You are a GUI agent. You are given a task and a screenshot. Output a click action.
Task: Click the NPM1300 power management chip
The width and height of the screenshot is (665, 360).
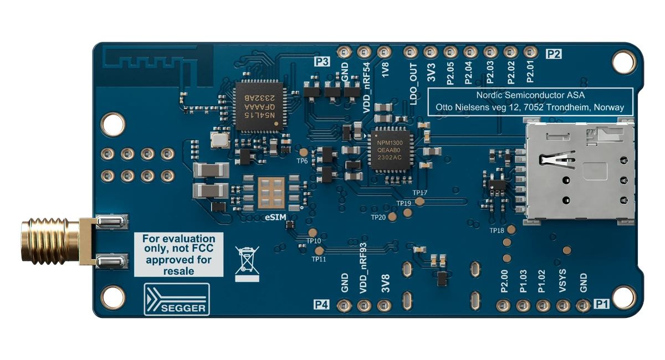pos(390,150)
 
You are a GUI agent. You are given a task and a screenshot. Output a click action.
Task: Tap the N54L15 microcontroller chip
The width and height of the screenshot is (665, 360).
pos(259,106)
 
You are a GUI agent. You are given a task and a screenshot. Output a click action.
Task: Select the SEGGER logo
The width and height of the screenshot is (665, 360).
pos(177,299)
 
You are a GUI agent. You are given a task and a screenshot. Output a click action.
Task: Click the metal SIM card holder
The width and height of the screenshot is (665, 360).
pos(579,171)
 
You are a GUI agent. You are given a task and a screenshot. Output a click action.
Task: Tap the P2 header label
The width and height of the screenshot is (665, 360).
pos(554,54)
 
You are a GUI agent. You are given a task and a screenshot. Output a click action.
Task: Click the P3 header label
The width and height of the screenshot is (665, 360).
pos(322,61)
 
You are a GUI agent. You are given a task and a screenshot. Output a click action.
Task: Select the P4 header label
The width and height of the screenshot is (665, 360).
pos(321,305)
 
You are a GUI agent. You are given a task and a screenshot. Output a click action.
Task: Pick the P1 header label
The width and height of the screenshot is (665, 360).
pos(601,304)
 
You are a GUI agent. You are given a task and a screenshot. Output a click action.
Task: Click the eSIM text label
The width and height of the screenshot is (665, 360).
pos(275,217)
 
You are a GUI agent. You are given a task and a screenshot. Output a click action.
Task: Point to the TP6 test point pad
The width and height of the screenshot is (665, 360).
pos(304,152)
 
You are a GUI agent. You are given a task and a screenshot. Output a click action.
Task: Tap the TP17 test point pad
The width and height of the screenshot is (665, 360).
pos(420,202)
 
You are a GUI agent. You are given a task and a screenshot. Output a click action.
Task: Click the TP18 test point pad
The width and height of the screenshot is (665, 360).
pos(511,229)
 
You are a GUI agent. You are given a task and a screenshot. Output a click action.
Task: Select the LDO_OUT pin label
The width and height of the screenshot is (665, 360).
pos(413,84)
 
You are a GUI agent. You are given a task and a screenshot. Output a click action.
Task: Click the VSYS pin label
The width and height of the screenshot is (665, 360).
pos(562,281)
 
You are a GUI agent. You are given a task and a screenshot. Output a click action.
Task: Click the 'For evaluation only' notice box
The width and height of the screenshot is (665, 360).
pos(178,255)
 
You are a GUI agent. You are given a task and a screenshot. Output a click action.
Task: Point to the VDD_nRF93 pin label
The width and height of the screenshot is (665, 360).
pos(364,268)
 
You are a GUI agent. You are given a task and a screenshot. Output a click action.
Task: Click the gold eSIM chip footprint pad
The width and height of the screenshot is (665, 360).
pos(272,193)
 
